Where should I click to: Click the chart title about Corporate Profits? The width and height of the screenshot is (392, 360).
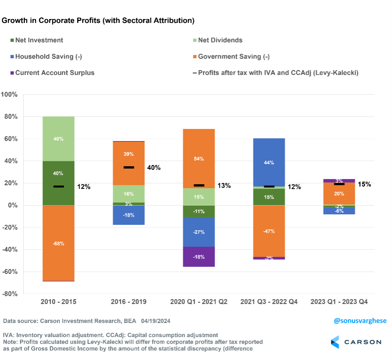click(x=98, y=21)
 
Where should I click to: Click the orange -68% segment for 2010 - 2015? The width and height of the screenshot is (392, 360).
click(x=59, y=243)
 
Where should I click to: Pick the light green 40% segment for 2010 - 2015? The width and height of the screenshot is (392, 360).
click(x=59, y=139)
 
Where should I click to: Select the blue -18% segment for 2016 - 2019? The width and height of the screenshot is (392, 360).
click(x=129, y=215)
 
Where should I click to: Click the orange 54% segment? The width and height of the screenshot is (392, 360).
click(x=199, y=159)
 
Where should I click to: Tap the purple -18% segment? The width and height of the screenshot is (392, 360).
click(x=199, y=257)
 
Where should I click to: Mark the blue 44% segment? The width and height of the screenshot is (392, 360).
click(x=269, y=162)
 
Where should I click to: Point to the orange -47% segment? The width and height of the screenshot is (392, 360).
click(x=269, y=231)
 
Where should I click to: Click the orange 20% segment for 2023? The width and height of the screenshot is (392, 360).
click(x=339, y=194)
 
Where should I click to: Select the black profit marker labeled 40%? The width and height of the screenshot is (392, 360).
click(x=129, y=167)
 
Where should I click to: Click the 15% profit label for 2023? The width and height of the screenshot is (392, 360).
click(x=364, y=184)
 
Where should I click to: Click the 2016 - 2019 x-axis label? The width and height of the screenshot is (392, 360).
click(x=129, y=302)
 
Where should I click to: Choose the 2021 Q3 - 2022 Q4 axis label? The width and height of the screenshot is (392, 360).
click(x=269, y=302)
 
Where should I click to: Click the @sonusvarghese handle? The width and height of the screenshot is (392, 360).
click(x=360, y=321)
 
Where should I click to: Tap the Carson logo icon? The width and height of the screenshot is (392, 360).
click(x=335, y=342)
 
